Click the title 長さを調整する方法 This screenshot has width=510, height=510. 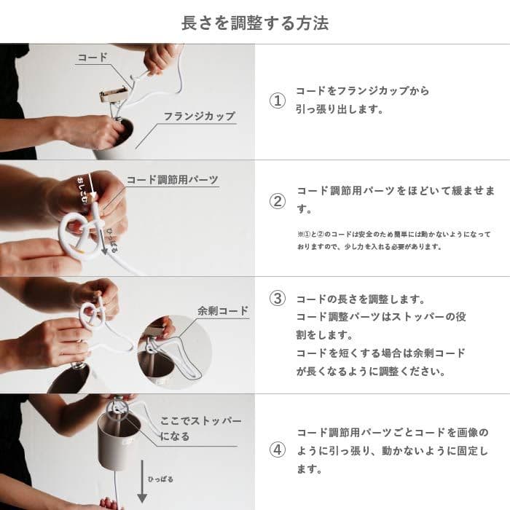(255, 23)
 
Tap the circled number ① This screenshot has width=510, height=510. (278, 101)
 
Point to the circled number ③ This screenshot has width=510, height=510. (278, 299)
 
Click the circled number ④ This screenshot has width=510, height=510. (278, 450)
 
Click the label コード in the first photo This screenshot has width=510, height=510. (93, 57)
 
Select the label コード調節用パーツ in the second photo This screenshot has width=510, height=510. (172, 179)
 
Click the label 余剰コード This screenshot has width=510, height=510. (223, 311)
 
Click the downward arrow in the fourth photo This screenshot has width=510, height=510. (143, 484)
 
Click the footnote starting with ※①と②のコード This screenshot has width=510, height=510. (393, 240)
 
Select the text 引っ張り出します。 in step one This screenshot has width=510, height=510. (339, 110)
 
